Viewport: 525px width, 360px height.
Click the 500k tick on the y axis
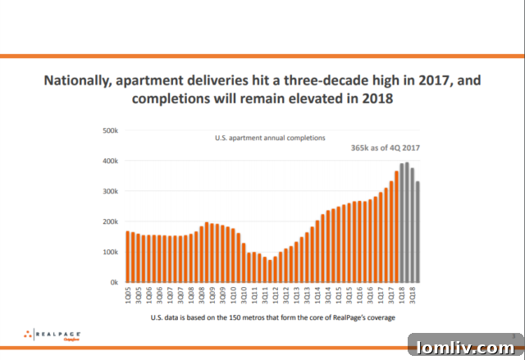(x=109, y=130)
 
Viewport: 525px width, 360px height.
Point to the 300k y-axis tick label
(x=109, y=191)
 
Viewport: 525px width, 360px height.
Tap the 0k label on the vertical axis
(x=113, y=282)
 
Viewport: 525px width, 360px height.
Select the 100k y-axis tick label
(x=109, y=252)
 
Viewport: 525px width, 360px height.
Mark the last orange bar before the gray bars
(x=396, y=226)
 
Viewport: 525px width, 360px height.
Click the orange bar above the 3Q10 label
(x=244, y=263)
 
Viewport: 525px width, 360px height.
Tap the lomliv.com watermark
(x=465, y=347)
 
